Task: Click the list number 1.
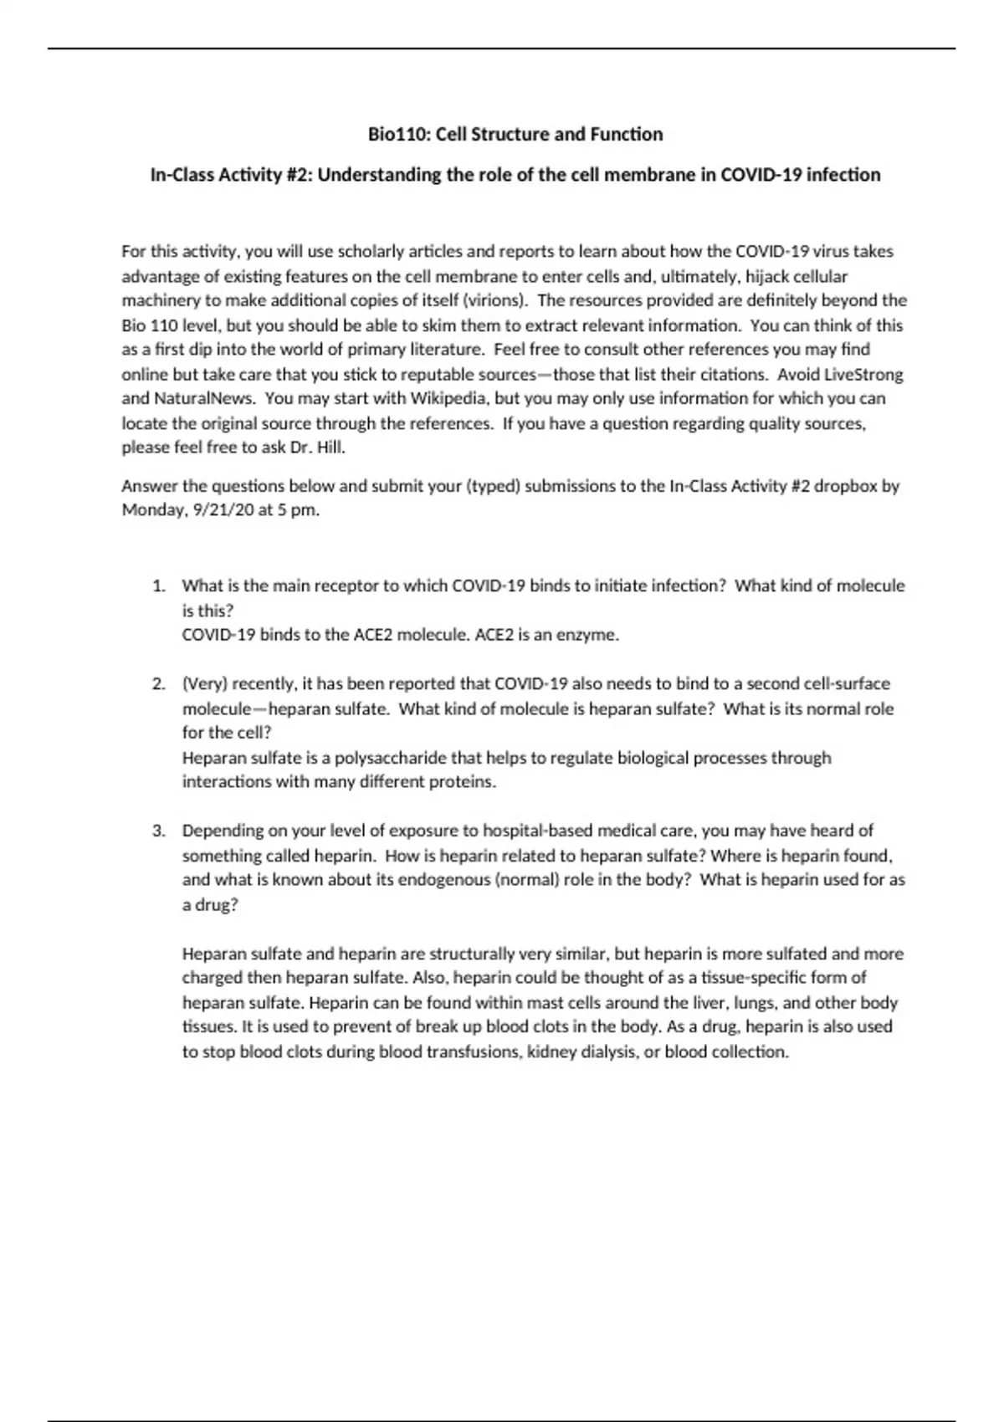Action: [158, 586]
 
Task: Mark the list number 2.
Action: [158, 684]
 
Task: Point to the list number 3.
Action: [158, 831]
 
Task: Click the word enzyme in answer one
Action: [591, 635]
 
